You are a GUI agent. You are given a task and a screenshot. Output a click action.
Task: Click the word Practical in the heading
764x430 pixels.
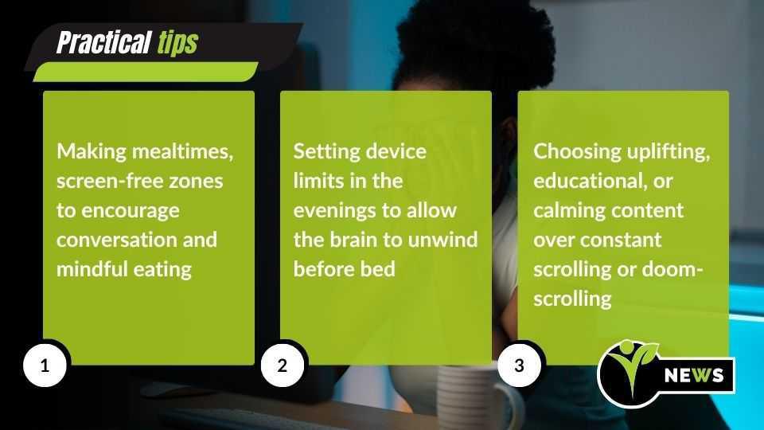(103, 42)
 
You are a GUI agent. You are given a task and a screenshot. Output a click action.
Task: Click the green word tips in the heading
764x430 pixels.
(177, 42)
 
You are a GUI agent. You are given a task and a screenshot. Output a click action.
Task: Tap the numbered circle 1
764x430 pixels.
(45, 365)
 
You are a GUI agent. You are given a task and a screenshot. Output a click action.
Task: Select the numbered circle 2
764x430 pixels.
(282, 365)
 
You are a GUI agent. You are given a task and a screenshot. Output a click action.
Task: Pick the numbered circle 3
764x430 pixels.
(520, 365)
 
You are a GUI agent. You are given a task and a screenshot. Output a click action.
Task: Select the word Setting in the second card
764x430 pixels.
(323, 151)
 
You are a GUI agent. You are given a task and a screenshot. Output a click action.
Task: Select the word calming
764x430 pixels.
(567, 210)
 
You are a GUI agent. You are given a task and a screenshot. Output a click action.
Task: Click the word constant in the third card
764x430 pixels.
(622, 240)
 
